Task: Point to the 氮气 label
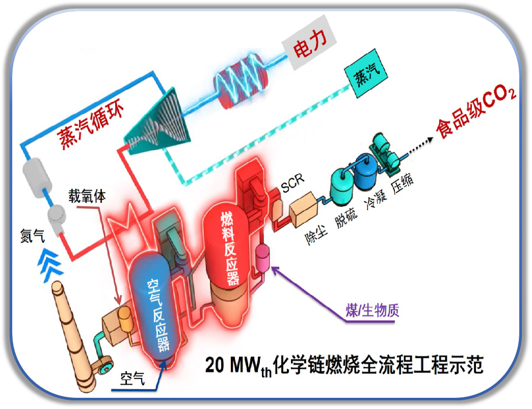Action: pyautogui.click(x=32, y=236)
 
